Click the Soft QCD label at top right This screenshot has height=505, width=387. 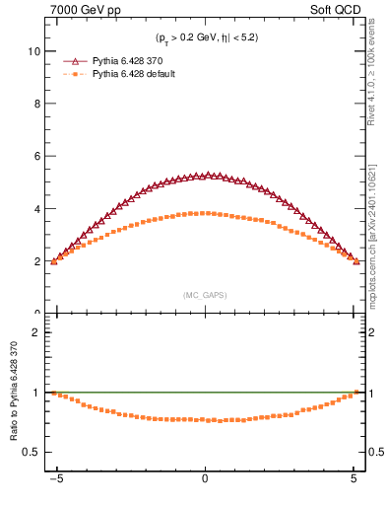(337, 9)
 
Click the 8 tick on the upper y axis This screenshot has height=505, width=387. (36, 104)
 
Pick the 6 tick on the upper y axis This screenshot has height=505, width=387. (36, 156)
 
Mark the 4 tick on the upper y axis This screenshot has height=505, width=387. (36, 209)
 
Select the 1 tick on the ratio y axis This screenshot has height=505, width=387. (36, 393)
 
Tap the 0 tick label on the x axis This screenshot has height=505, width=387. (205, 484)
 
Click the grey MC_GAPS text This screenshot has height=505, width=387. (205, 295)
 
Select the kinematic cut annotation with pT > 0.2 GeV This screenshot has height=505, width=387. (205, 37)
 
